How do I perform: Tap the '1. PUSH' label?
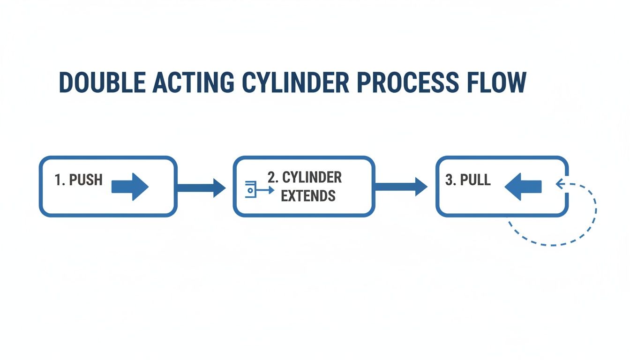coord(79,180)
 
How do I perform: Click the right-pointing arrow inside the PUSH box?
coord(130,187)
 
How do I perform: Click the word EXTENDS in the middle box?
coord(308,195)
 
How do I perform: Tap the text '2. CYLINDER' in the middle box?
coord(304,178)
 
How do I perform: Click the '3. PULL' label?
coord(468,180)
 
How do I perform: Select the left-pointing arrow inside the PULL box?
coord(523,187)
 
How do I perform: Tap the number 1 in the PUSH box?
coord(58,180)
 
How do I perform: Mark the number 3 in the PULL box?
coord(448,180)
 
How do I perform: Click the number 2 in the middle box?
coord(271,178)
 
